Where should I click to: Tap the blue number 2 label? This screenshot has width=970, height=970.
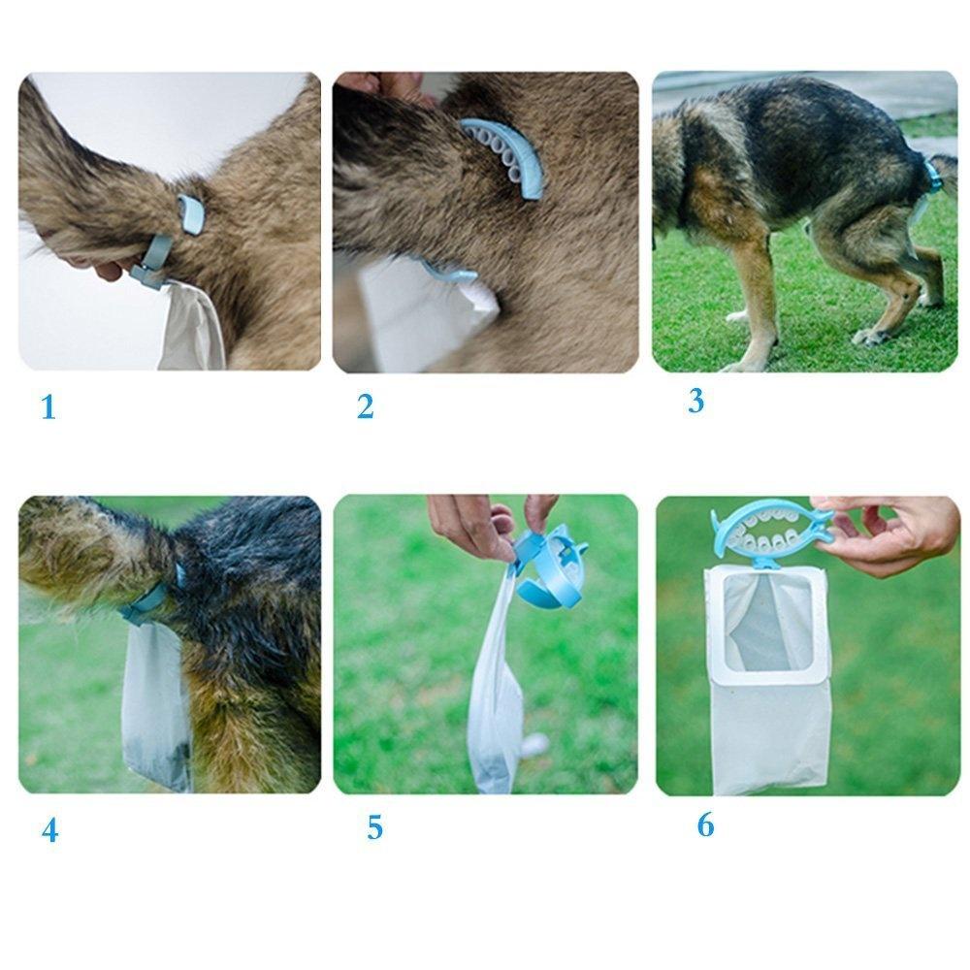point(365,407)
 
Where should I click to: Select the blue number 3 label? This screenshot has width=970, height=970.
point(695,401)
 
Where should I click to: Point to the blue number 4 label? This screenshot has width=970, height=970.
point(49,831)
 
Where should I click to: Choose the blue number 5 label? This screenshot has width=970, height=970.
point(374,828)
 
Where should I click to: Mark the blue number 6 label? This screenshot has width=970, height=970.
point(705,824)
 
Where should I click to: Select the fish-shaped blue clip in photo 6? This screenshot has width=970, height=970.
point(771,531)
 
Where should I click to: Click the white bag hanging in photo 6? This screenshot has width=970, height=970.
point(768,679)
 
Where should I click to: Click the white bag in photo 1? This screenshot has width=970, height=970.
point(194,325)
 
